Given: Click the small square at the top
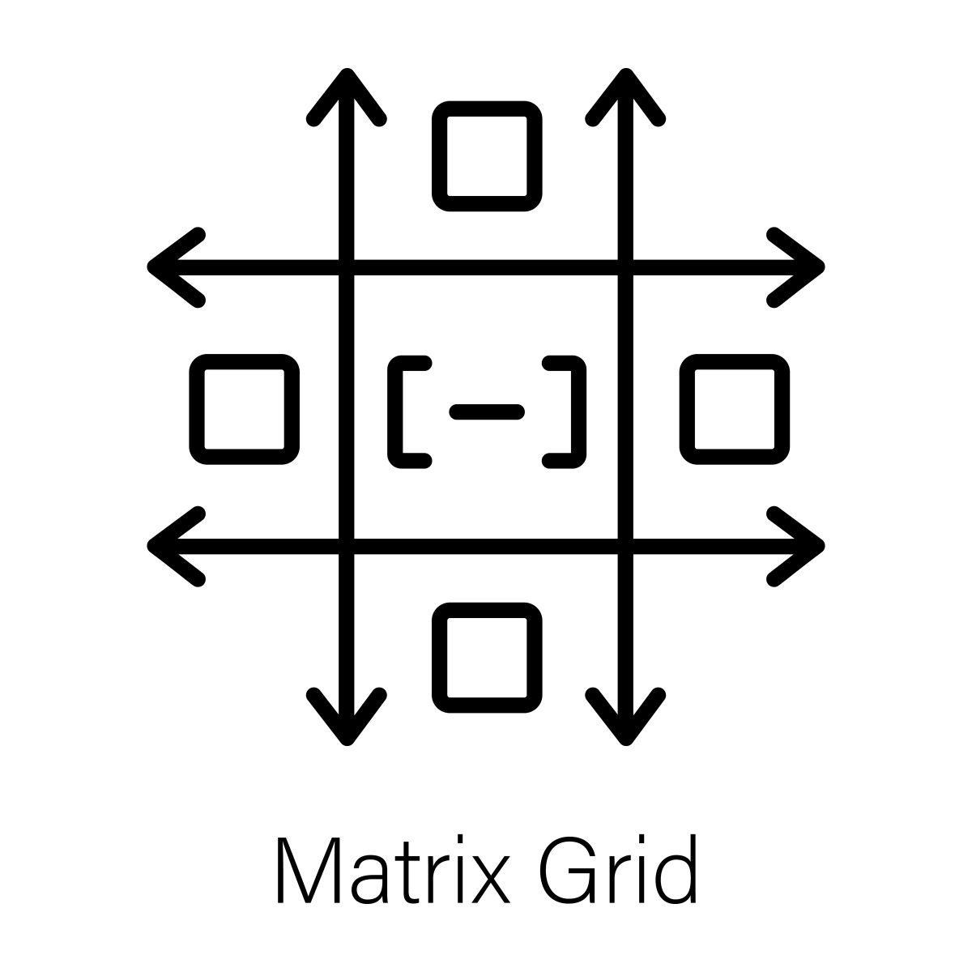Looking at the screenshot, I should click(x=487, y=156).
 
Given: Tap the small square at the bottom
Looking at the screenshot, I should click(x=487, y=658).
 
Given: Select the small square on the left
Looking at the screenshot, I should click(x=244, y=409).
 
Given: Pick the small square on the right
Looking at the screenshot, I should click(x=735, y=409).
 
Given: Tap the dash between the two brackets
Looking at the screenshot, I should click(x=486, y=412).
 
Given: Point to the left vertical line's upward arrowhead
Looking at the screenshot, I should click(x=347, y=93).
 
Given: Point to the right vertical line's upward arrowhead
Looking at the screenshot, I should click(x=625, y=93).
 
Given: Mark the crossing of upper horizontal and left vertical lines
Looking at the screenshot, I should click(x=347, y=267).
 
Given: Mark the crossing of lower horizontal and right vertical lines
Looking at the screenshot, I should click(x=625, y=547).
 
